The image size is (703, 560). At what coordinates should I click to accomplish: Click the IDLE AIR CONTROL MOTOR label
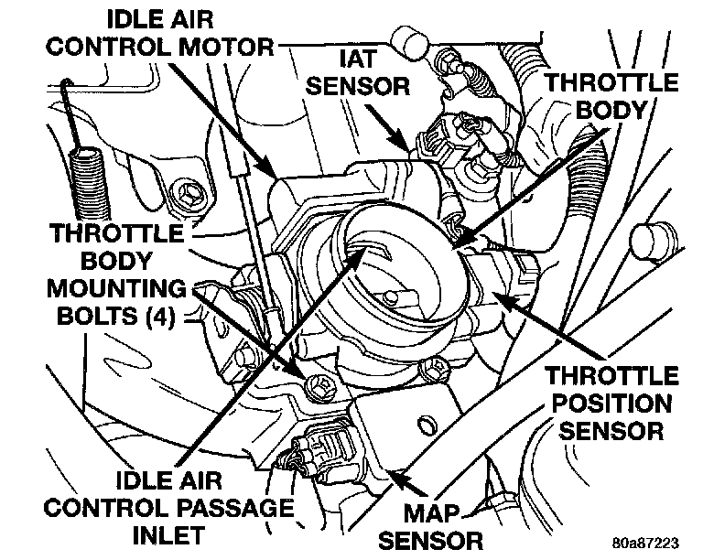pos(169,31)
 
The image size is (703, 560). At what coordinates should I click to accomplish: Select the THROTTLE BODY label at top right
pos(612,95)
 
